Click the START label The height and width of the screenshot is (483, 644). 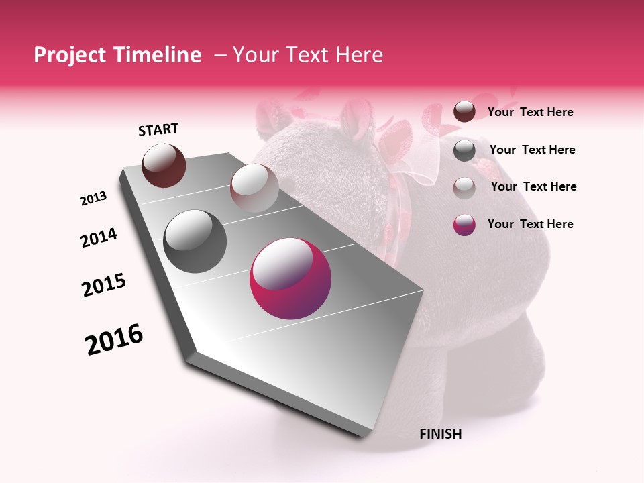point(158,129)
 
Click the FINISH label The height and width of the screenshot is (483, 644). point(440,434)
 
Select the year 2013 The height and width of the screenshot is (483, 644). point(94,199)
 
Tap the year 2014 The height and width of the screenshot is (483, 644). point(99,237)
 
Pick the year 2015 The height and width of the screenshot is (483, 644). point(104,285)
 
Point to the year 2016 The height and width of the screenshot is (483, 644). point(114,339)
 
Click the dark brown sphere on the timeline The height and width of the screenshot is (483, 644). point(164,165)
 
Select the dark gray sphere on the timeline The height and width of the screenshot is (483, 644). point(195,241)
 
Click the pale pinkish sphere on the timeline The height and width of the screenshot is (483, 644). point(254,188)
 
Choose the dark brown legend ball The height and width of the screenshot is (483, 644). point(464,112)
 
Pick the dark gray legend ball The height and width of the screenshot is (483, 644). point(464,150)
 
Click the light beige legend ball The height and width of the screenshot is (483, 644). point(464,187)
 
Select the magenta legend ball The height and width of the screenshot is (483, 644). point(464,225)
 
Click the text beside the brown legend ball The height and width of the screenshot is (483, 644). point(530,113)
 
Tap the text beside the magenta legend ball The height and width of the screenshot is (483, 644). point(530,224)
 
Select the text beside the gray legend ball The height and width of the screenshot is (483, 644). point(532,150)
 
